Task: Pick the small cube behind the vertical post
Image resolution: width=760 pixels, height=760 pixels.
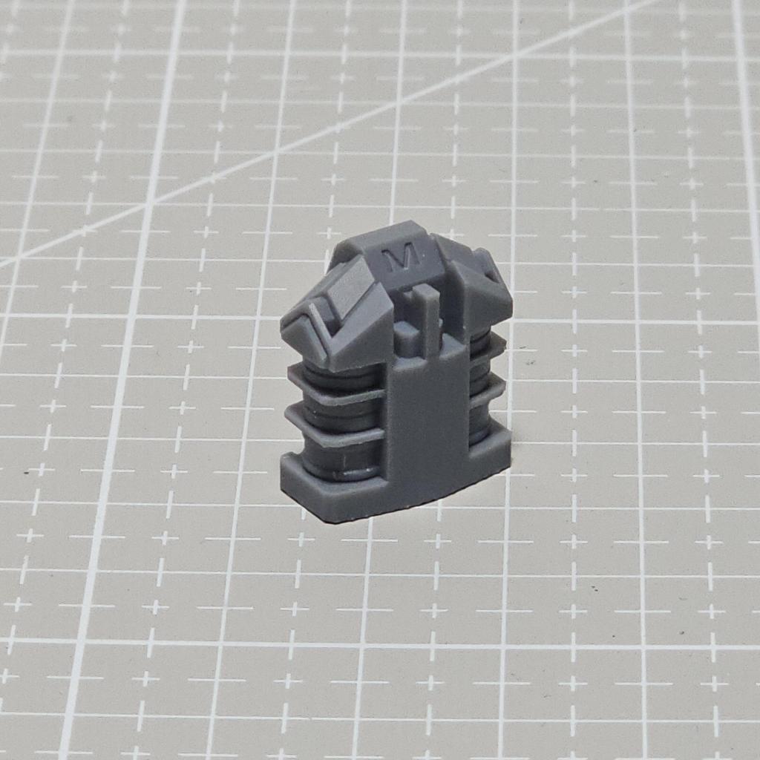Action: pos(406,335)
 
